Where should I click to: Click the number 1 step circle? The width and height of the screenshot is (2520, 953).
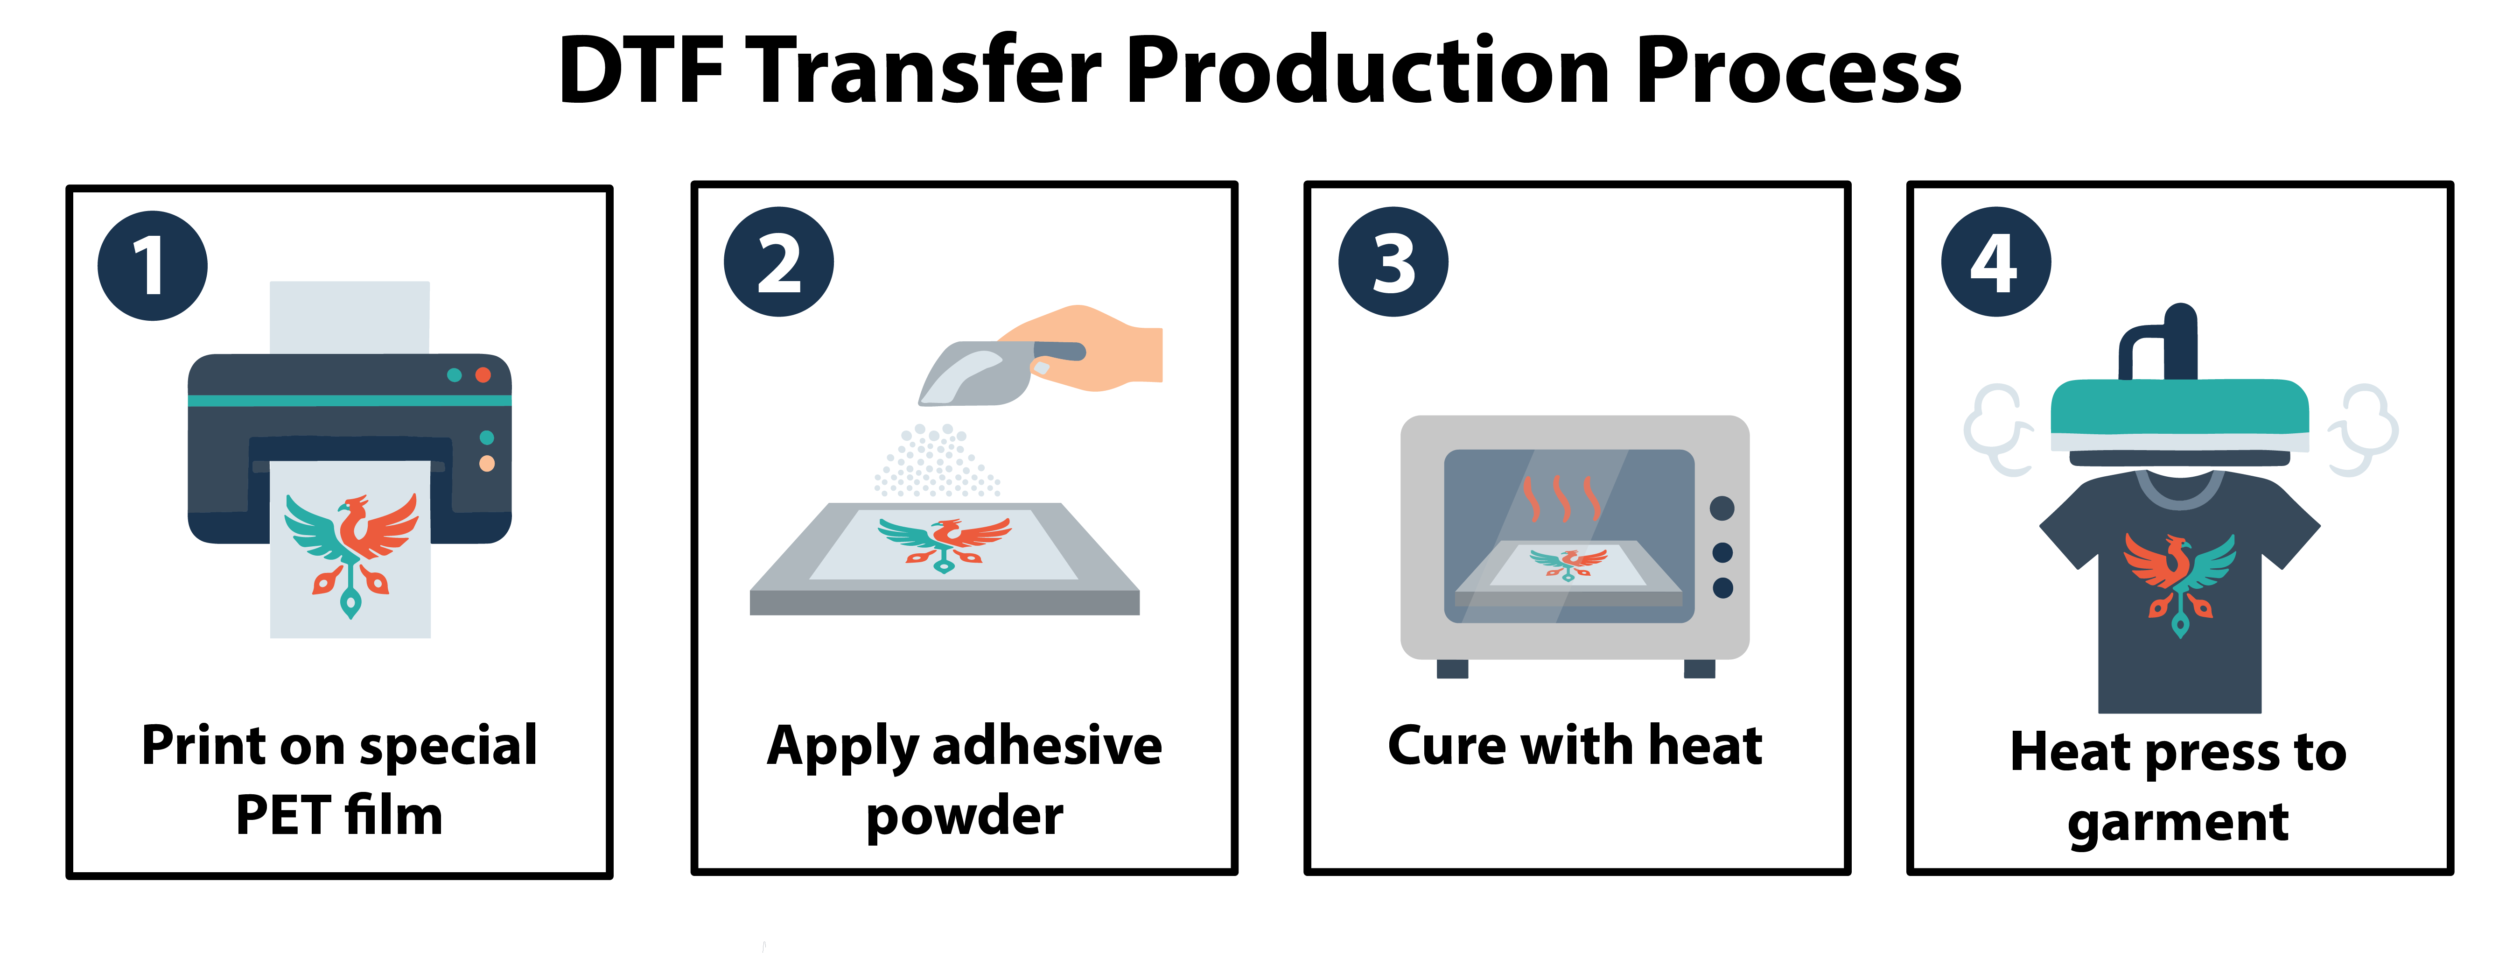coord(153,265)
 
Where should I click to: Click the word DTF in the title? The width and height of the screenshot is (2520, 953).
coord(641,71)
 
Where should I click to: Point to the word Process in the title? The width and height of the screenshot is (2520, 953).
coord(1798,71)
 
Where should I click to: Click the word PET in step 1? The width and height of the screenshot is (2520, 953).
coord(284,815)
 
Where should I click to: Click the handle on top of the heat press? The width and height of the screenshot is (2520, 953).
coord(2159,342)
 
